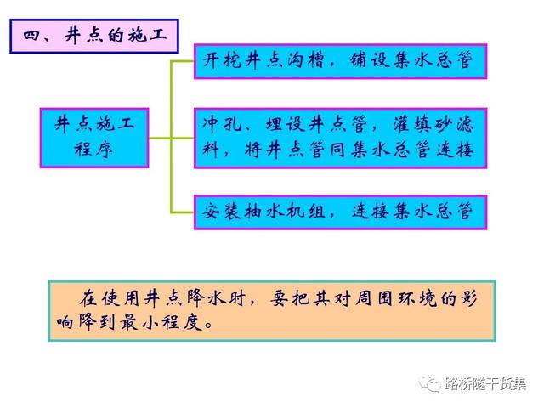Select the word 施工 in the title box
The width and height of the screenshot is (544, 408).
coord(147,36)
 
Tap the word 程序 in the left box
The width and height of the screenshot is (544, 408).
coord(94,150)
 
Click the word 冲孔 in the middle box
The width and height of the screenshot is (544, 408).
coord(222,124)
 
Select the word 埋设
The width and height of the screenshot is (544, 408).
coord(285,124)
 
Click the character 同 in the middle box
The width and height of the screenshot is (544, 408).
coord(338,150)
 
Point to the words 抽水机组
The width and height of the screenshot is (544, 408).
coord(285,212)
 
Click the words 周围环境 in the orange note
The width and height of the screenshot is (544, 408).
coord(395,299)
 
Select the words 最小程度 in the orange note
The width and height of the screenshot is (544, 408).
coord(161,323)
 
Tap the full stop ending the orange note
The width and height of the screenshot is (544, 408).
coord(209,326)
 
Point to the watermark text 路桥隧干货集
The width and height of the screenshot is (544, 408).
coord(485,384)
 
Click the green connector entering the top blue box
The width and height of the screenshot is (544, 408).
coord(183,61)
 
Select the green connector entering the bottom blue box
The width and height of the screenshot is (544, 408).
coord(183,212)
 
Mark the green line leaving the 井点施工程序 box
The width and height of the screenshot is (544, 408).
coord(160,138)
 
